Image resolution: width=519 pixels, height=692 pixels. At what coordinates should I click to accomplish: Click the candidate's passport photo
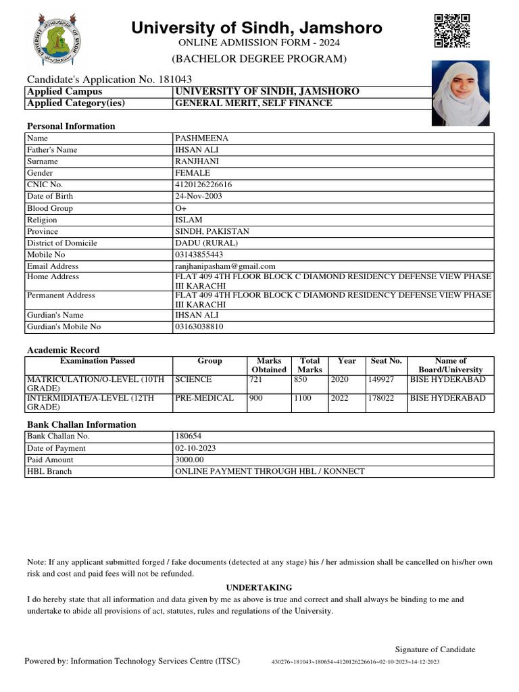(x=460, y=93)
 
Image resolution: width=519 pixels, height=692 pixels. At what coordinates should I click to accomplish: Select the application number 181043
(x=175, y=79)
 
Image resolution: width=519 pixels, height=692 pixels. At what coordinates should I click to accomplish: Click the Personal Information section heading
(x=71, y=126)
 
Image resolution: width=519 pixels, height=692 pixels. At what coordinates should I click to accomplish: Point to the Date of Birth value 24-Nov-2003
(x=199, y=196)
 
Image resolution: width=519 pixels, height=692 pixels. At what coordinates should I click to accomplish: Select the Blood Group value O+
(x=180, y=208)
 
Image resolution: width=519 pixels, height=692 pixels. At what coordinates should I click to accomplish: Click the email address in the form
(x=225, y=266)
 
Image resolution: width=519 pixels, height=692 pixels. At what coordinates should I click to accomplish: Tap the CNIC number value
(x=203, y=184)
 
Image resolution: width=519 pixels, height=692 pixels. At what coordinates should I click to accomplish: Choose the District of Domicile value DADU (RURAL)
(x=207, y=243)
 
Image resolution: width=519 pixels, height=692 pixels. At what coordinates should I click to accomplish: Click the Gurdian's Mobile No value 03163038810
(x=199, y=326)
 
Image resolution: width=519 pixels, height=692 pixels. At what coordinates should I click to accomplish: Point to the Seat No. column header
(x=387, y=361)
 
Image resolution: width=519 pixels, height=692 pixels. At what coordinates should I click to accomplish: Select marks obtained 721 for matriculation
(x=256, y=380)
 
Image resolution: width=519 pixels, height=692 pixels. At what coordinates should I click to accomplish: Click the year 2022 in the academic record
(x=340, y=398)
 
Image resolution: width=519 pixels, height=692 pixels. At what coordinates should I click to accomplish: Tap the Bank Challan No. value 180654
(x=189, y=436)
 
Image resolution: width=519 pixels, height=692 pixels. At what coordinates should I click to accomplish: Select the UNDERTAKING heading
(x=259, y=587)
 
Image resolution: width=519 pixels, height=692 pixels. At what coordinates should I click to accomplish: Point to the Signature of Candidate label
(x=435, y=649)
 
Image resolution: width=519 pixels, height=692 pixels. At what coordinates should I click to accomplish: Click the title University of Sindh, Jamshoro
(x=256, y=28)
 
